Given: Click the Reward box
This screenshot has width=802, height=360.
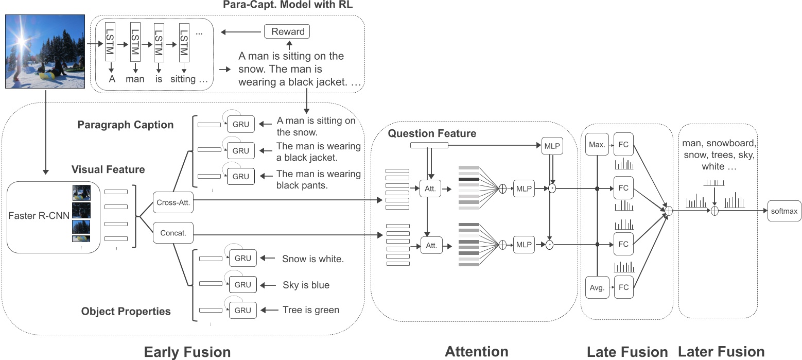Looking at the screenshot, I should click(287, 31).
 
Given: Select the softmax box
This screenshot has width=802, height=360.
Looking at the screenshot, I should click(784, 211).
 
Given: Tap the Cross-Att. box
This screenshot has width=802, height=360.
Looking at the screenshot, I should click(172, 202).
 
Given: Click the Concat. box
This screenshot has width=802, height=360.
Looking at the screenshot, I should click(172, 233).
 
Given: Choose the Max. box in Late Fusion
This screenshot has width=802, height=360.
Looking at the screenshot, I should click(597, 144).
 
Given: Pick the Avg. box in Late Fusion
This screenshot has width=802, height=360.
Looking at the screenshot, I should click(597, 287).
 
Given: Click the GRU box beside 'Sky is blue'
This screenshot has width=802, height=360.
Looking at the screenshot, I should click(241, 284).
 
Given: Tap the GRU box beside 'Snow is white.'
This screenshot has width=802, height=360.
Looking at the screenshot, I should click(241, 259).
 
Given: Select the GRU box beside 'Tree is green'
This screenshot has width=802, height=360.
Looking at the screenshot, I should click(241, 310).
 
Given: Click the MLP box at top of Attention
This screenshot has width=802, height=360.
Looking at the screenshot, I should click(551, 146).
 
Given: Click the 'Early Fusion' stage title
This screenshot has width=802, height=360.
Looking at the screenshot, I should click(187, 352).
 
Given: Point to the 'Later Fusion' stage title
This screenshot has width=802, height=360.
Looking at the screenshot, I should click(721, 352).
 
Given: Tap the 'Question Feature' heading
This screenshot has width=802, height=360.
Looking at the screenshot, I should click(432, 133).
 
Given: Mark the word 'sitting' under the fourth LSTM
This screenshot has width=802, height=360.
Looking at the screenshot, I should click(183, 79).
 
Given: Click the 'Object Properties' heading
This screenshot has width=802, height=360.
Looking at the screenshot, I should click(126, 311).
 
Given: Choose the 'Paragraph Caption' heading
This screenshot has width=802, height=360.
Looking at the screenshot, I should click(126, 125).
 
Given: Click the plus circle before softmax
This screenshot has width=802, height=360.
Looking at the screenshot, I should click(714, 211).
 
